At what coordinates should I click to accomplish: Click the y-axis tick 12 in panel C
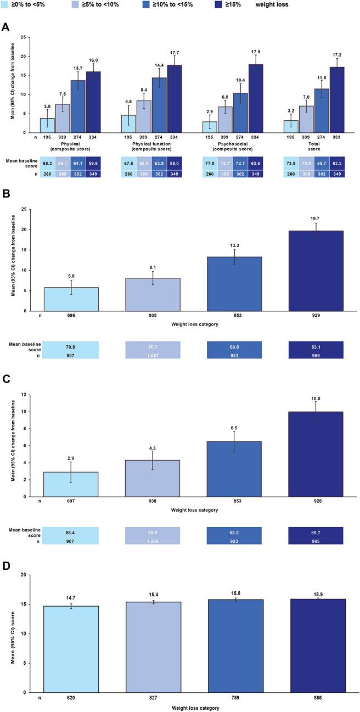(24, 395)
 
